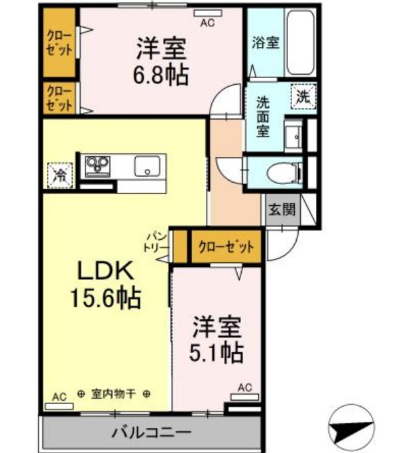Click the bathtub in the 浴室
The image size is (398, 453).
[x=300, y=43]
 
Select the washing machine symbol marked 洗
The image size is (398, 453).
[x=304, y=96]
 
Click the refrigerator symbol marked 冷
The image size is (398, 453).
[x=60, y=175]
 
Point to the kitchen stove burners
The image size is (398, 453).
[x=97, y=166]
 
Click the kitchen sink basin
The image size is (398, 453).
[x=147, y=166]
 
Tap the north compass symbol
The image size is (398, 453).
[x=351, y=428]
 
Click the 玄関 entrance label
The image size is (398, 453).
[x=282, y=209]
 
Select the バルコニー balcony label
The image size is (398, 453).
[x=151, y=433]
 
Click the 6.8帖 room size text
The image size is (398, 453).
[x=160, y=75]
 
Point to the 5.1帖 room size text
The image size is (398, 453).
[x=216, y=352]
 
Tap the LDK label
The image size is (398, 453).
[x=106, y=270]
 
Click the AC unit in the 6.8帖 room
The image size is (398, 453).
[x=208, y=13]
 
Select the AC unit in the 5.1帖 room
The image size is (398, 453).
[x=245, y=397]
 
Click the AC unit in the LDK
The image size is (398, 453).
[x=60, y=406]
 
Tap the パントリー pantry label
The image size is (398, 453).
[x=157, y=242]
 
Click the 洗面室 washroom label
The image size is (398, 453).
[x=263, y=117]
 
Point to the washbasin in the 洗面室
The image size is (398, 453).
[x=293, y=135]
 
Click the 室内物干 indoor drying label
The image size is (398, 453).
[x=113, y=393]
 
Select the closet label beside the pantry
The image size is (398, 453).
[x=226, y=247]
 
